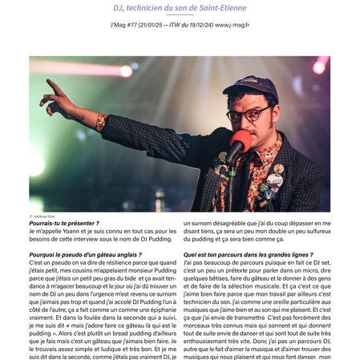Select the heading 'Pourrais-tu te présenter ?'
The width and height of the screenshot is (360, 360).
pos(64,223)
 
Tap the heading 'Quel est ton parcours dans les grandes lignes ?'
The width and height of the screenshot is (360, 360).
pos(249,254)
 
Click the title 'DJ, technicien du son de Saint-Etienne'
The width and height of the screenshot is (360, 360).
pos(180,7)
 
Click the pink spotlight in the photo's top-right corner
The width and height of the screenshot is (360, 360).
pos(320,64)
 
